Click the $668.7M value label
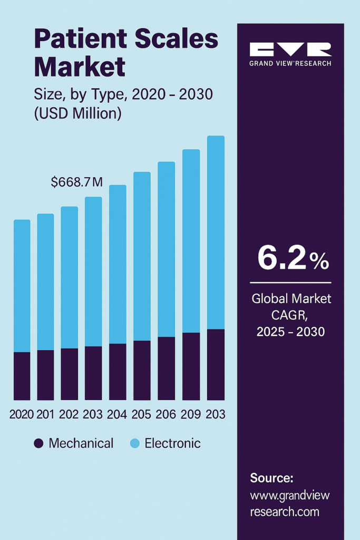click(76, 182)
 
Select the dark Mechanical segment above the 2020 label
click(22, 375)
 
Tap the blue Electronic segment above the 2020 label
click(22, 285)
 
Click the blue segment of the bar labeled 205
click(142, 256)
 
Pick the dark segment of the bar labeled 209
click(191, 366)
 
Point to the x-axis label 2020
click(22, 414)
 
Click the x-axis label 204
click(118, 414)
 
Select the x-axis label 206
click(166, 414)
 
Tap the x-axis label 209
click(191, 414)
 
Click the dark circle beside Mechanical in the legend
click(38, 443)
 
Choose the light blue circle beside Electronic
click(134, 443)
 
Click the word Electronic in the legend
click(172, 443)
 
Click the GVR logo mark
click(290, 50)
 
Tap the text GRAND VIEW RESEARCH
click(290, 63)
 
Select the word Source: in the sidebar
click(271, 478)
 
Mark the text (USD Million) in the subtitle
click(77, 113)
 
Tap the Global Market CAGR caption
click(291, 315)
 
